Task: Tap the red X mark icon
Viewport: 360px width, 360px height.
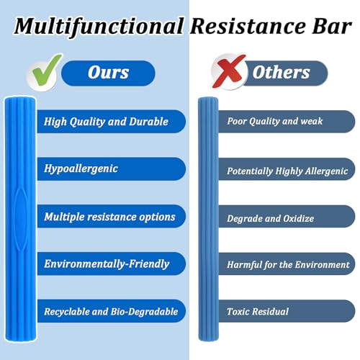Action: tap(229, 71)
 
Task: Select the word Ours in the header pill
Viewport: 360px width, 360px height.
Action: tap(108, 72)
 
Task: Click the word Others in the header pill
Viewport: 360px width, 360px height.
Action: tap(281, 72)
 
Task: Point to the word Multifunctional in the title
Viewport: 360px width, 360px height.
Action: tap(99, 27)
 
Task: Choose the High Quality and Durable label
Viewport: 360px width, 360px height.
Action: tap(106, 122)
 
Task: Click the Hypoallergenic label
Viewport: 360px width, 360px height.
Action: tap(81, 168)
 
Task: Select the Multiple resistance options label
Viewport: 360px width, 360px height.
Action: tap(109, 217)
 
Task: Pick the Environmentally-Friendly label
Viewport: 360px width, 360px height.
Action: tap(107, 264)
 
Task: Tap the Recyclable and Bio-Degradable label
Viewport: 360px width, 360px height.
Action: tap(111, 312)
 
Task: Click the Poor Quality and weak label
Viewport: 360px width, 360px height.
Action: tap(275, 122)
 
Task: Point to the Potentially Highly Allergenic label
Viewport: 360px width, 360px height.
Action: tap(287, 171)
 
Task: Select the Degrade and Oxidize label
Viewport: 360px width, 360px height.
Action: tap(270, 218)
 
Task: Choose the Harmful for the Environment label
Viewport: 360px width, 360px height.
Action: tap(288, 265)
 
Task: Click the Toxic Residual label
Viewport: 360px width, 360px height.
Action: tap(258, 312)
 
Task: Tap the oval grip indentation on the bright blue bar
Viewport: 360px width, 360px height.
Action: tap(21, 219)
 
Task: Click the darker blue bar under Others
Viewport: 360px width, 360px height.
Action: tap(208, 219)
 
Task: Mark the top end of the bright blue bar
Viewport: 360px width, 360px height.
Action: tap(20, 98)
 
